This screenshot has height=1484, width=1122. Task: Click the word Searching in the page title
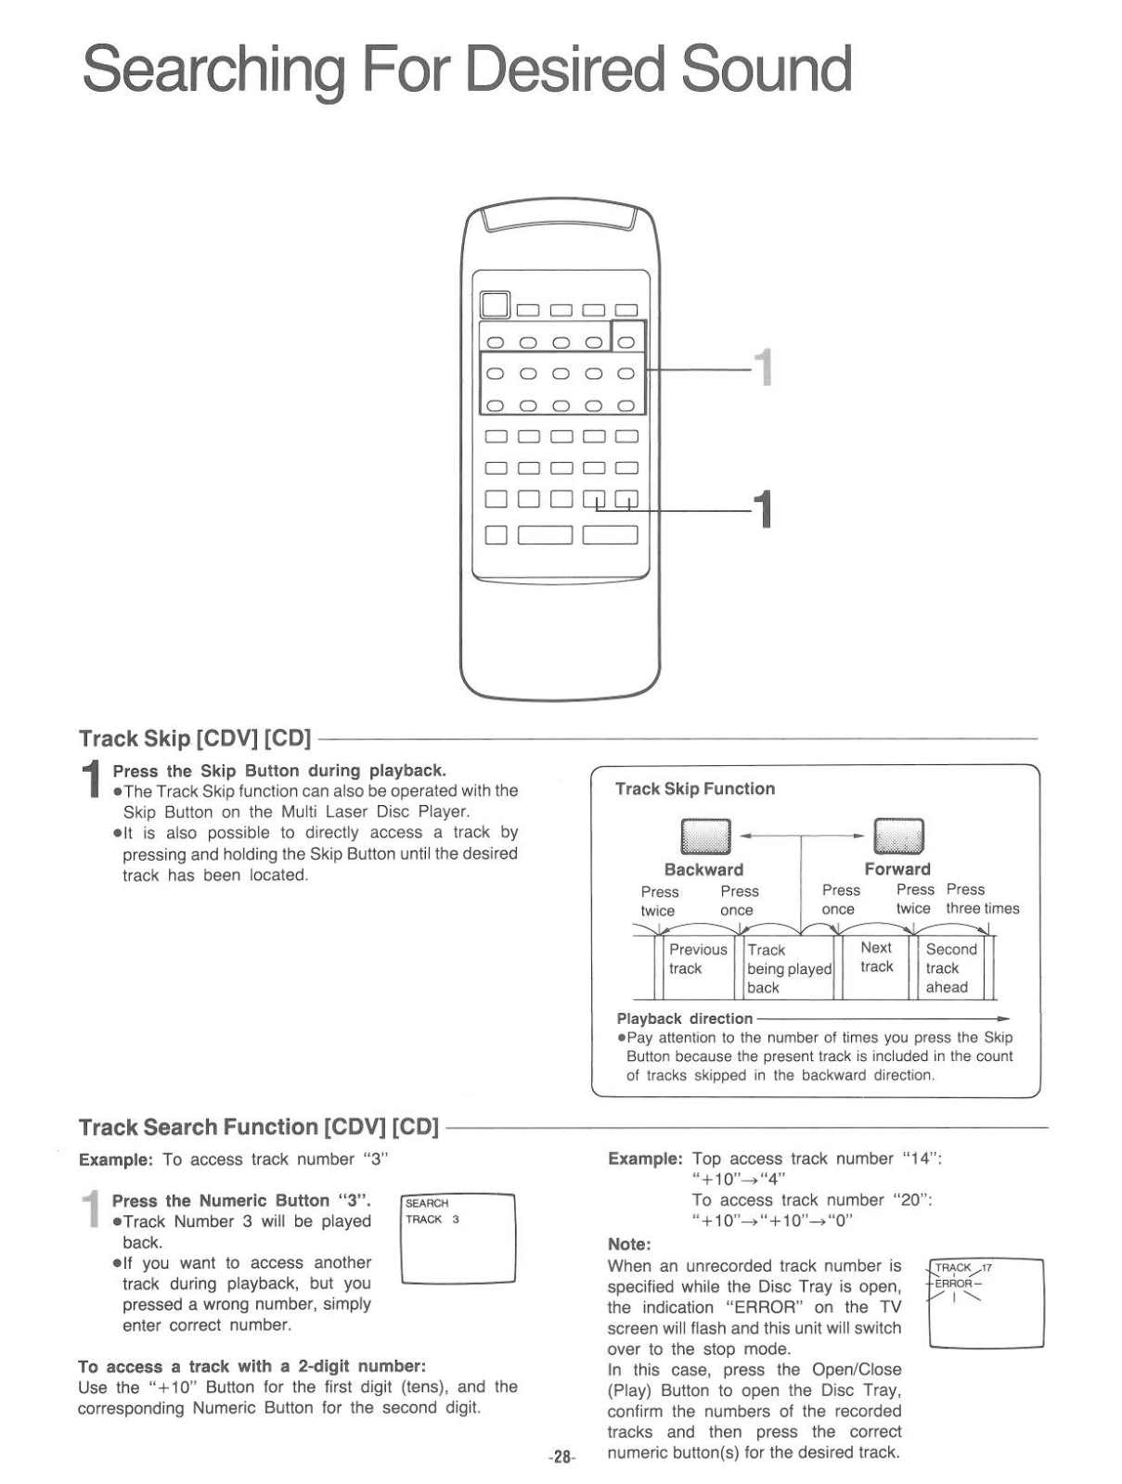pyautogui.click(x=214, y=70)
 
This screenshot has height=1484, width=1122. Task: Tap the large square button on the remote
pyautogui.click(x=496, y=306)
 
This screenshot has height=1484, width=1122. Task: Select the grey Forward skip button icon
pyautogui.click(x=899, y=837)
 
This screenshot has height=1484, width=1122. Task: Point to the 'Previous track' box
pyautogui.click(x=698, y=959)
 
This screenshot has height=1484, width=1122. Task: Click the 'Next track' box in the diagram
pyautogui.click(x=876, y=957)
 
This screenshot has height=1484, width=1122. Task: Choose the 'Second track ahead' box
pyautogui.click(x=951, y=968)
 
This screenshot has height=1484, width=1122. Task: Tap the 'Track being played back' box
pyautogui.click(x=789, y=968)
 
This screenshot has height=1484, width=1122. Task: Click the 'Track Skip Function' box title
pyautogui.click(x=694, y=789)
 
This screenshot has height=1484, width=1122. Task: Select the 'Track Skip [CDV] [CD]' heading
pyautogui.click(x=195, y=739)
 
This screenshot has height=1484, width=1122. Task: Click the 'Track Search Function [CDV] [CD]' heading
pyautogui.click(x=258, y=1127)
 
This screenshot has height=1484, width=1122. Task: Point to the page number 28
pyautogui.click(x=561, y=1457)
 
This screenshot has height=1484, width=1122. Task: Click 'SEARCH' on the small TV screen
pyautogui.click(x=427, y=1203)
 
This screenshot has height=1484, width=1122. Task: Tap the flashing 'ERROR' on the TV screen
pyautogui.click(x=953, y=1284)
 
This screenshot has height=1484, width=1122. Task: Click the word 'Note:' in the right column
pyautogui.click(x=629, y=1244)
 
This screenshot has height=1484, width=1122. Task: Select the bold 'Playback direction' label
pyautogui.click(x=685, y=1018)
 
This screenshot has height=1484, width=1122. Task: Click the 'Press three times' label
pyautogui.click(x=982, y=899)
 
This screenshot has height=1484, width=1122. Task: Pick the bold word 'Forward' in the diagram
pyautogui.click(x=896, y=869)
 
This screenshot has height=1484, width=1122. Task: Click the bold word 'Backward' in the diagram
pyautogui.click(x=703, y=870)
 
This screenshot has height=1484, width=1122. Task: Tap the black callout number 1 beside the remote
pyautogui.click(x=763, y=510)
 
